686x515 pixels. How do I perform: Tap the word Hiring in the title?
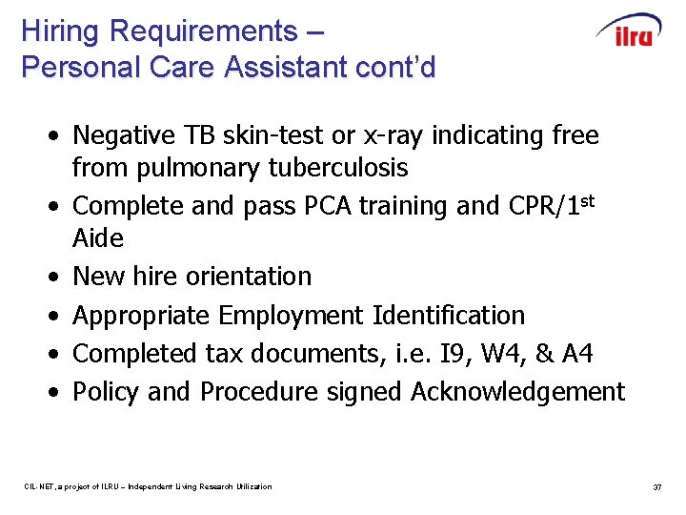pos(60,31)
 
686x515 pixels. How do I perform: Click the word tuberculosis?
pos(327,168)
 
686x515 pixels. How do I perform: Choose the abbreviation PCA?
pos(303,206)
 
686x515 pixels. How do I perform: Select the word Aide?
pos(98,237)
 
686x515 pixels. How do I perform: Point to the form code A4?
pos(576,354)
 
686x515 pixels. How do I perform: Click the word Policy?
pos(108,392)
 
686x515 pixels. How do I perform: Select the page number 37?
pos(656,487)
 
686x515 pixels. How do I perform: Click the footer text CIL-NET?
pos(40,487)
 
